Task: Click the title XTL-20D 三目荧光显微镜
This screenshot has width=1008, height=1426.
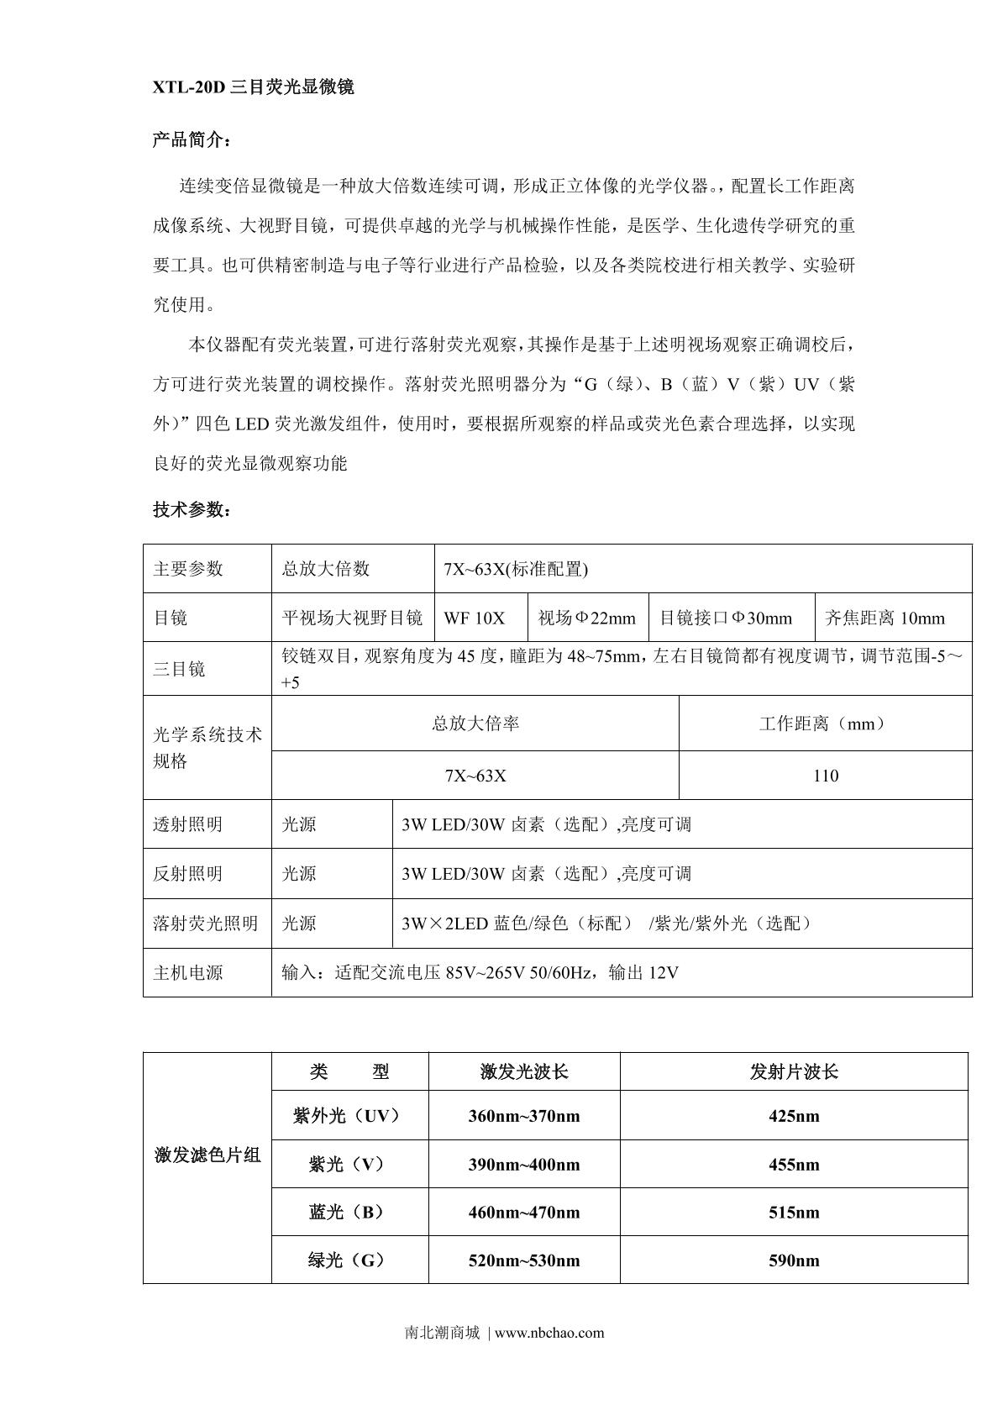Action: click(253, 87)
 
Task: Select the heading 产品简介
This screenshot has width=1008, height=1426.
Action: click(191, 139)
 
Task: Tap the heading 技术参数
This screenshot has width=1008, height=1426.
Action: click(191, 510)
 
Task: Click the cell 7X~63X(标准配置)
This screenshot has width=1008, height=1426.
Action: click(516, 569)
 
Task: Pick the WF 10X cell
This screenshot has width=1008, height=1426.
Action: click(475, 618)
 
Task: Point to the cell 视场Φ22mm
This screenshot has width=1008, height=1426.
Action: click(587, 618)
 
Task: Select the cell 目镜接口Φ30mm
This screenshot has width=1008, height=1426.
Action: click(726, 618)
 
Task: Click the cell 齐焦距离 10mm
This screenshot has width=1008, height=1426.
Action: click(885, 618)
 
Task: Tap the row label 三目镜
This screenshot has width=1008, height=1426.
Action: click(179, 669)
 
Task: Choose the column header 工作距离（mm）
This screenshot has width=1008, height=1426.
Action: click(825, 724)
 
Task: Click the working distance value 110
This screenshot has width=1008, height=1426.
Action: click(825, 776)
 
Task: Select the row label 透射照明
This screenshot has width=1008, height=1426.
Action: click(187, 824)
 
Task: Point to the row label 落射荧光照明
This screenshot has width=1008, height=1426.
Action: click(205, 923)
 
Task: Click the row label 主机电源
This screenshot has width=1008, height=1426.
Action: click(187, 973)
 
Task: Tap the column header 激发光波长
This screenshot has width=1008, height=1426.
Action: click(524, 1071)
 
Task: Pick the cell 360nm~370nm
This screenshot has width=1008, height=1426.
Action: click(524, 1116)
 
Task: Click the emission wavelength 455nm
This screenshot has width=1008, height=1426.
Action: click(794, 1165)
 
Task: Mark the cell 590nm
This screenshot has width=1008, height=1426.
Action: click(794, 1260)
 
